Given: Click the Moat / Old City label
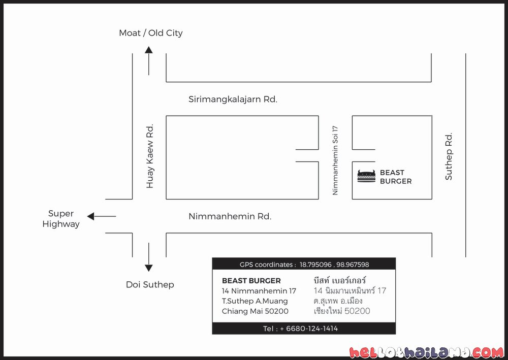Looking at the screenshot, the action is coord(151,33).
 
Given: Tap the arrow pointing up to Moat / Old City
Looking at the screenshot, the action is coord(149,61).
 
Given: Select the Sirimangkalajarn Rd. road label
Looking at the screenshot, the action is coord(233,99).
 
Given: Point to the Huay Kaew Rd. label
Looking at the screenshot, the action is coord(150,156).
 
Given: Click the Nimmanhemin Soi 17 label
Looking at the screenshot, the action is coord(335,160).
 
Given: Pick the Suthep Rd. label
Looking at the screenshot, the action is coord(449,156).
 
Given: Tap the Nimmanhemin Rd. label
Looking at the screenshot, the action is coord(230,216).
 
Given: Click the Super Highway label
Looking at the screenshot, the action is coord(61,219).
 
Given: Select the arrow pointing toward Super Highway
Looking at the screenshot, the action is coord(102,216).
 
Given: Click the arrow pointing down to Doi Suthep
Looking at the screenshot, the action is coord(149,257).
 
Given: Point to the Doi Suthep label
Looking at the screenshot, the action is coord(150,284).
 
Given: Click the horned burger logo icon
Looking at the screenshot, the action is coord(366,176).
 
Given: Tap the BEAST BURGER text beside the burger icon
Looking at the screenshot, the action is coord(396,177).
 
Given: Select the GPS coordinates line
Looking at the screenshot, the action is coord(304,265).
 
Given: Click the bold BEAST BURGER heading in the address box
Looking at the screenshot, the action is coord(251,281).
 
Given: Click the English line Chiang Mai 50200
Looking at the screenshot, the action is coord(255,311).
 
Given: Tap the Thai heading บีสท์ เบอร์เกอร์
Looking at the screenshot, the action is coord(340,280).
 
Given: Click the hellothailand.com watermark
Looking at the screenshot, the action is coord(427,352).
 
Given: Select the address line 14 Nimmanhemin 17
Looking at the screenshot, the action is coord(259,291).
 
